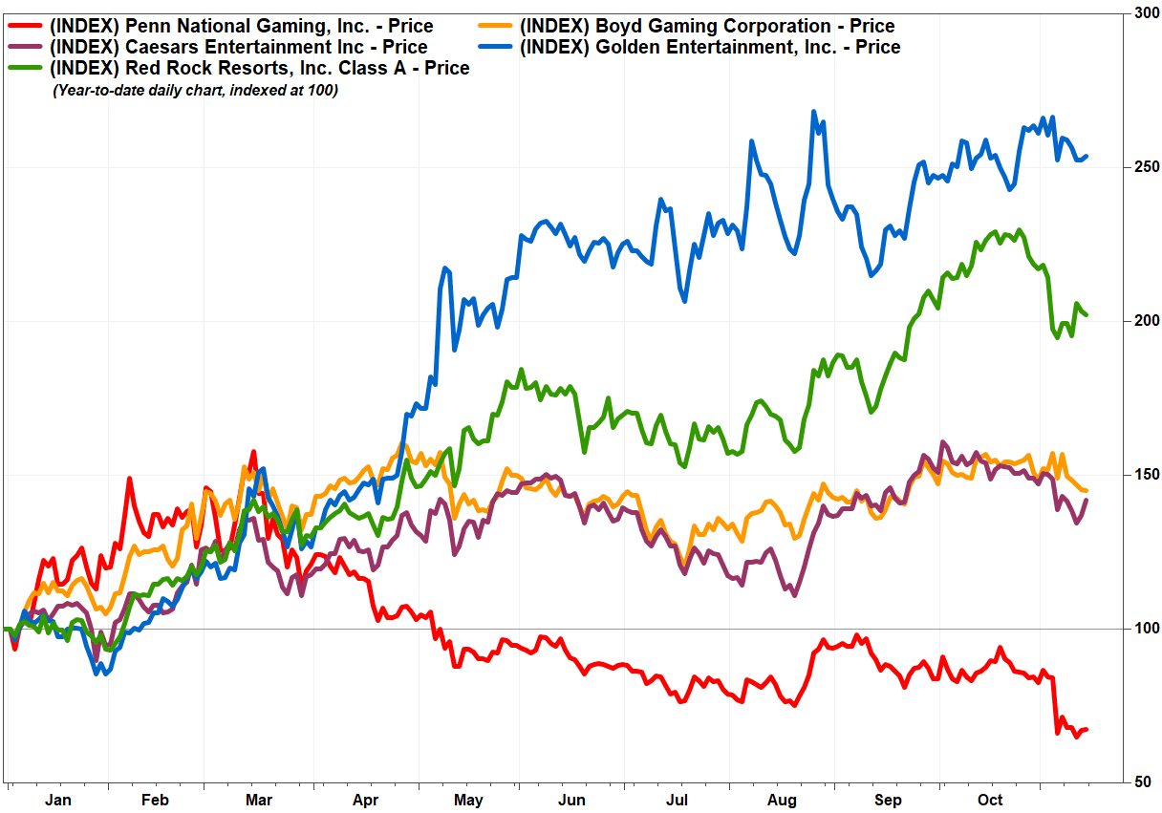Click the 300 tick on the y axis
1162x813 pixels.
[1144, 12]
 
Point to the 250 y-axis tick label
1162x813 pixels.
[1144, 166]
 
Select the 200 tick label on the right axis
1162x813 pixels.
[1144, 320]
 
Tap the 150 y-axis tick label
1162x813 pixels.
[1144, 474]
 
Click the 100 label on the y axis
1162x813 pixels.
[1144, 628]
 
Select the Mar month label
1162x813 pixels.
[259, 800]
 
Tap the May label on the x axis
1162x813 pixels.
[468, 800]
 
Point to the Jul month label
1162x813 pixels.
[677, 800]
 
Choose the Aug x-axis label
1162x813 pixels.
[782, 800]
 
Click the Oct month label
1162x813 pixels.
[990, 800]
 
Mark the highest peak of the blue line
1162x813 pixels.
[813, 112]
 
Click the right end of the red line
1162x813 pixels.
[1087, 730]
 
